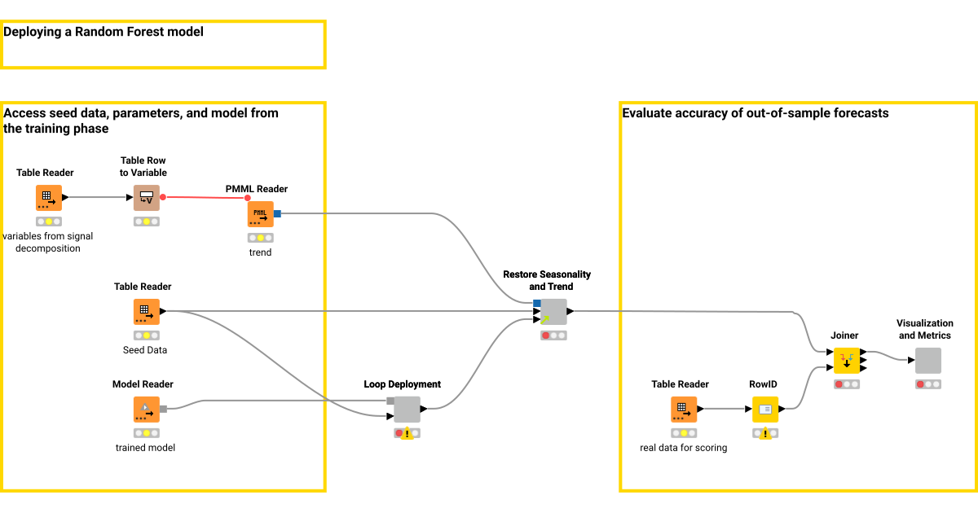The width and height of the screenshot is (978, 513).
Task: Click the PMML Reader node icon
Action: pos(260,214)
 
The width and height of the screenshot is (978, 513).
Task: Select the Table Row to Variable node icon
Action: pos(146,198)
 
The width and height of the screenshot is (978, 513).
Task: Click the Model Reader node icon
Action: pos(146,410)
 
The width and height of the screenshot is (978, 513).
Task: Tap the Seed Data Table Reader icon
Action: pos(146,312)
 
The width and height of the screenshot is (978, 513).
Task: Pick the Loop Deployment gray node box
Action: pos(407,410)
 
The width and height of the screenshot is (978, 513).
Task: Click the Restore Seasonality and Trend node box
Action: pos(553,312)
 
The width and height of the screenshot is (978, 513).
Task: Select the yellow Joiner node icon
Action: pos(847,361)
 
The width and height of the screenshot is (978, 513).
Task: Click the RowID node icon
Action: pos(765,410)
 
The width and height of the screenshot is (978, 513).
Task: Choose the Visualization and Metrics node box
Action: pos(927,361)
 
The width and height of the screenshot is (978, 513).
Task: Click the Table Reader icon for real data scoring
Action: pos(684,410)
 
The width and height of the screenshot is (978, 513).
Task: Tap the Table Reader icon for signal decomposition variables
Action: pos(48,198)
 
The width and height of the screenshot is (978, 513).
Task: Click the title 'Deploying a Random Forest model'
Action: pos(104,33)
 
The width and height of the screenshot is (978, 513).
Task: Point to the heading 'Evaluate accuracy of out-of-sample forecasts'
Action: pos(755,113)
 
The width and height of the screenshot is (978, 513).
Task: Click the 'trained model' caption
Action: pos(145,448)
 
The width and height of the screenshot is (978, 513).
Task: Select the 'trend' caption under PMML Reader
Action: pos(260,252)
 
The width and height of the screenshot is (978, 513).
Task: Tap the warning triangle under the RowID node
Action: pos(765,434)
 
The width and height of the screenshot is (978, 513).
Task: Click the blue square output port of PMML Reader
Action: pos(277,214)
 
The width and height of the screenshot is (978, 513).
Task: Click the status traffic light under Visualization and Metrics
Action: pos(927,384)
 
